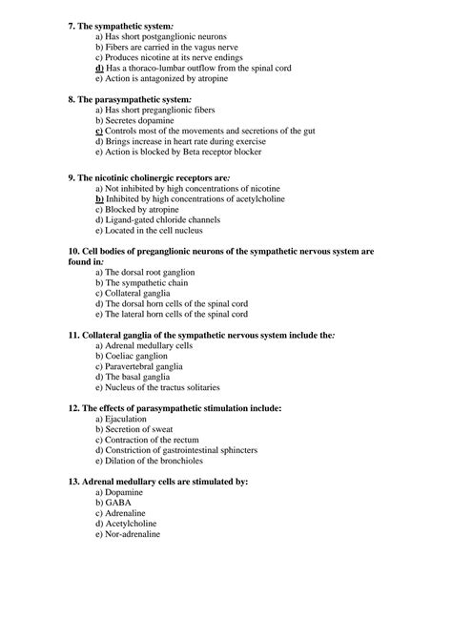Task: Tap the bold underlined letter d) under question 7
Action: coord(99,69)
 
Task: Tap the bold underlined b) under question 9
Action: coord(99,200)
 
